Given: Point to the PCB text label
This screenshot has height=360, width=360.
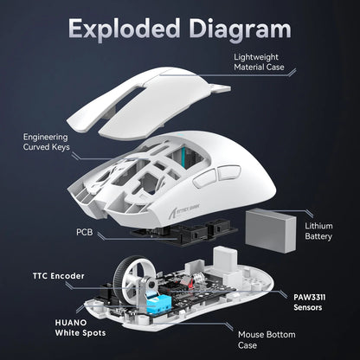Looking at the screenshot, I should coord(85,233).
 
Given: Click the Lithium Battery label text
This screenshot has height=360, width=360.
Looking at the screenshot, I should coord(318,232).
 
